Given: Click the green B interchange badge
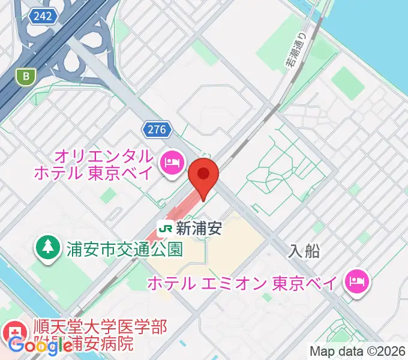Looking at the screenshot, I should click(x=25, y=76).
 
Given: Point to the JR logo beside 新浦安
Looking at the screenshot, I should click(x=166, y=228).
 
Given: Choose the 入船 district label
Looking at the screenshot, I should click(x=304, y=251).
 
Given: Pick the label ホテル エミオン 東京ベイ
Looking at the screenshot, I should click(x=243, y=282).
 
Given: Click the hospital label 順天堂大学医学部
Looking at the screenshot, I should click(x=99, y=328).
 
